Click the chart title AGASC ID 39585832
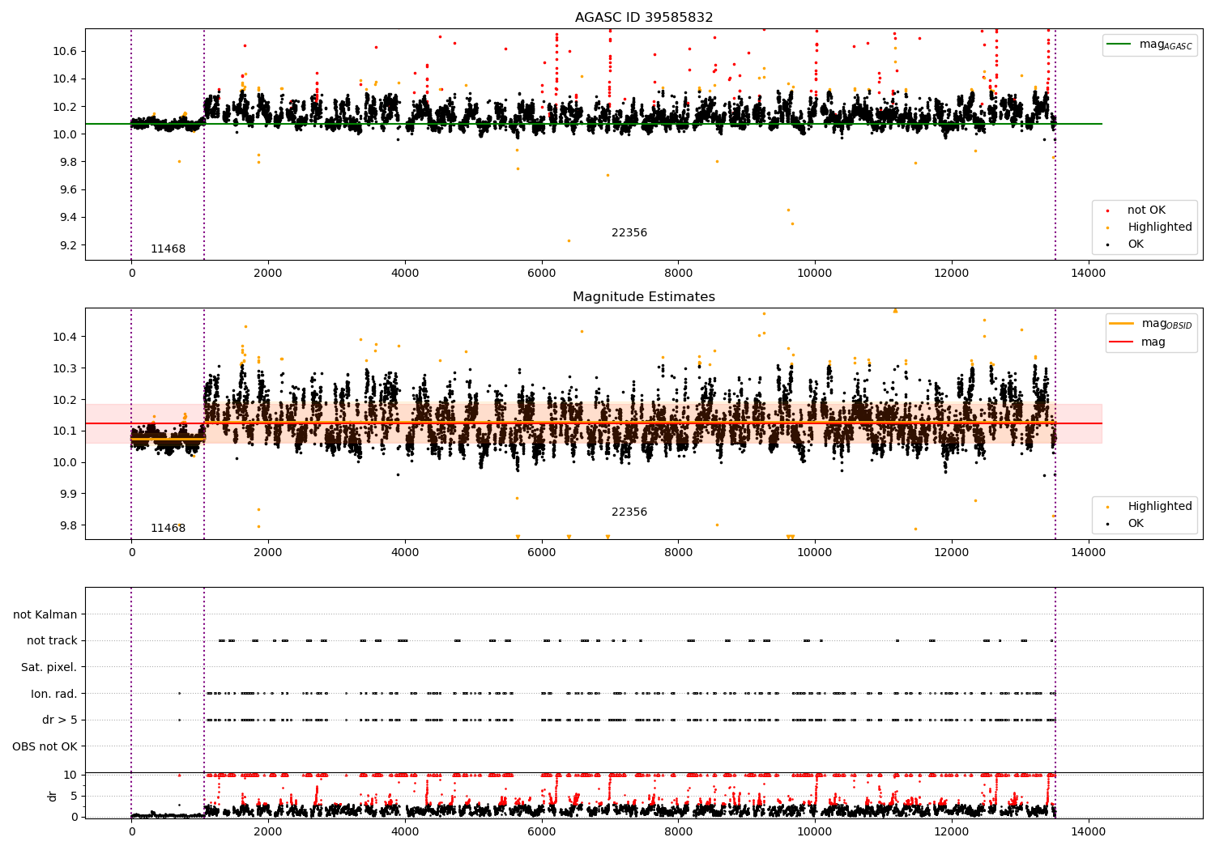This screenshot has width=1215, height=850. [643, 18]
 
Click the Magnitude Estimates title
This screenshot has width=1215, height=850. [643, 297]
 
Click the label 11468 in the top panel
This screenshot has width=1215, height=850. [168, 249]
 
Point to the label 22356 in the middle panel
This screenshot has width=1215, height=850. [629, 512]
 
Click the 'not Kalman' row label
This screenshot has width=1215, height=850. [45, 615]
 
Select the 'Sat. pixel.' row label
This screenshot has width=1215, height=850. [49, 668]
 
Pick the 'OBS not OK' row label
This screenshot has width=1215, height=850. [45, 746]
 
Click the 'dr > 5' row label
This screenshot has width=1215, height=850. [59, 720]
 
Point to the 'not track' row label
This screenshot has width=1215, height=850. [52, 641]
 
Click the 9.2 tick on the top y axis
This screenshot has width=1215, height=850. [65, 245]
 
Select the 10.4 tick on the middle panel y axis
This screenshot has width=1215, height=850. [65, 337]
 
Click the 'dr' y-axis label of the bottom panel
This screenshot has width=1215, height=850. [53, 796]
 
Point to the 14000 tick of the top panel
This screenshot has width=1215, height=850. [1088, 273]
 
